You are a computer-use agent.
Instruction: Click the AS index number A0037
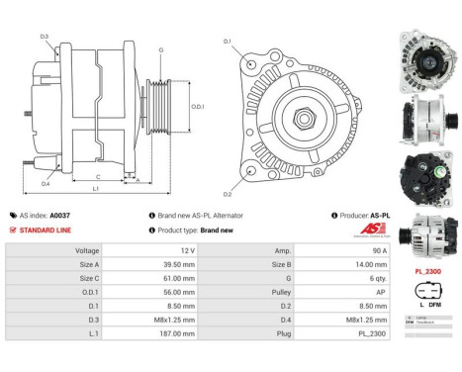tap(60, 215)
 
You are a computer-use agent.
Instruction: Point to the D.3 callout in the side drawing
tap(46, 37)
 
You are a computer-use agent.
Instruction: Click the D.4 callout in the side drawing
tap(46, 183)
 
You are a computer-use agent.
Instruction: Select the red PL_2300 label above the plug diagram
tap(426, 269)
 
